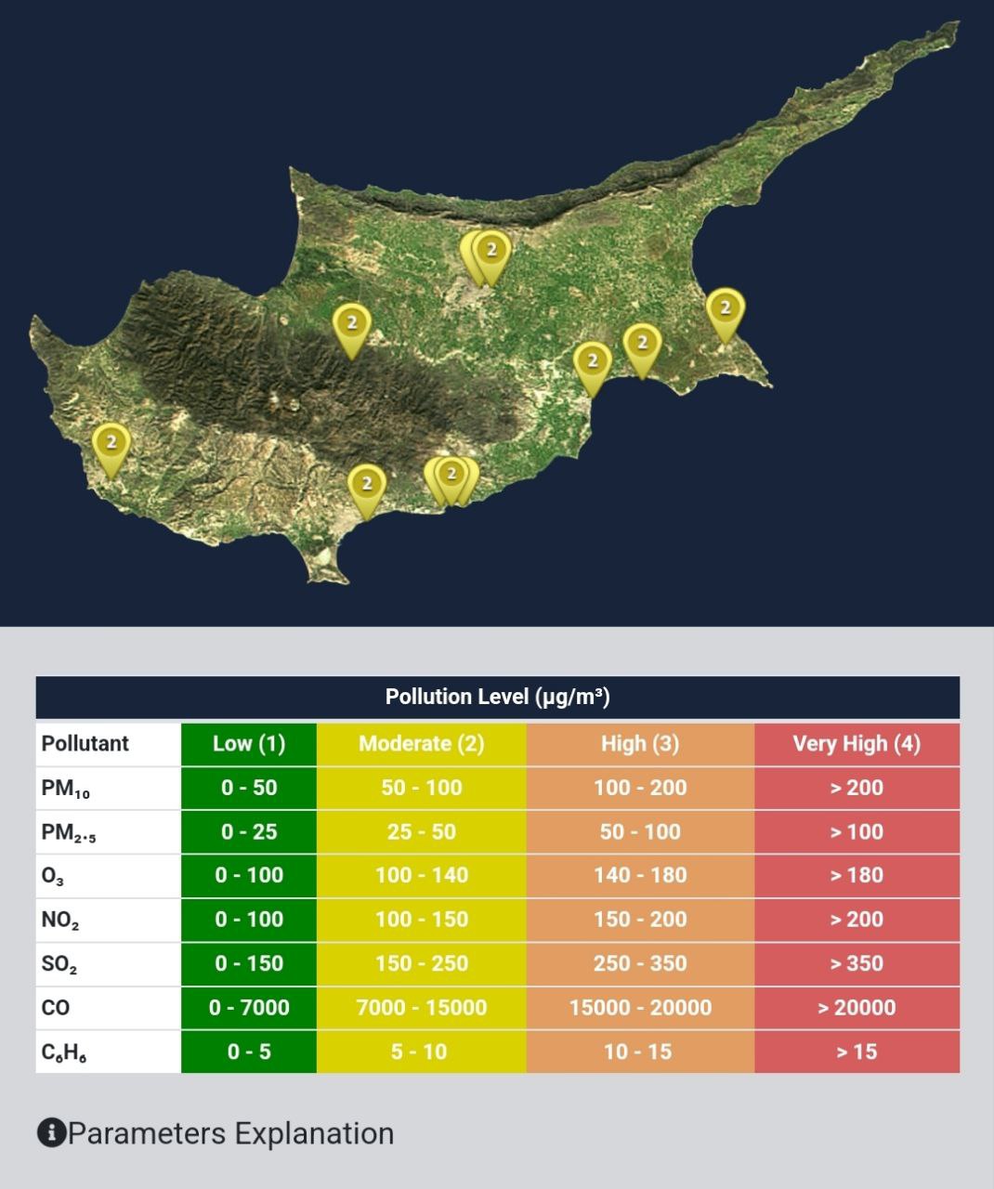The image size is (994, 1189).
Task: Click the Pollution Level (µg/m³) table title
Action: (x=497, y=697)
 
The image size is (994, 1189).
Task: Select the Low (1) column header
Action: (x=248, y=743)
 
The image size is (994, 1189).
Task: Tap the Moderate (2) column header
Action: (x=421, y=743)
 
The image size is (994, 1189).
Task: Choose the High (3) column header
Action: (x=639, y=743)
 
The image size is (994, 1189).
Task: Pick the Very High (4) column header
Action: (x=856, y=743)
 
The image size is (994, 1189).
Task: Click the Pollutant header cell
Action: (x=85, y=743)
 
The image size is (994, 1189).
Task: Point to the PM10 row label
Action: (x=66, y=789)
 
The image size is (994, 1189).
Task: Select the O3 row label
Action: (x=53, y=876)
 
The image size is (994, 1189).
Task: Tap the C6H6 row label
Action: (x=64, y=1052)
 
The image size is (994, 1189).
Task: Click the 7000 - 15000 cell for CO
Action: (x=421, y=1008)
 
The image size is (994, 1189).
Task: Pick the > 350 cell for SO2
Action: (x=856, y=963)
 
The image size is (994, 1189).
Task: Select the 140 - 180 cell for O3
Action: (x=639, y=875)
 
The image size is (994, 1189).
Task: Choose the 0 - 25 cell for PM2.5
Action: (x=248, y=831)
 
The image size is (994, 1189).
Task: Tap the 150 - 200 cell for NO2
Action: (x=639, y=920)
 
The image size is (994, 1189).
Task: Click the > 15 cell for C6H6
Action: (x=856, y=1052)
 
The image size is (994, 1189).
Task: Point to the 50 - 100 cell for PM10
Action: (x=421, y=788)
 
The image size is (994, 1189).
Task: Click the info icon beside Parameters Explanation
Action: (x=51, y=1133)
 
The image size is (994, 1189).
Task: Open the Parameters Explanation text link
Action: (x=230, y=1133)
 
